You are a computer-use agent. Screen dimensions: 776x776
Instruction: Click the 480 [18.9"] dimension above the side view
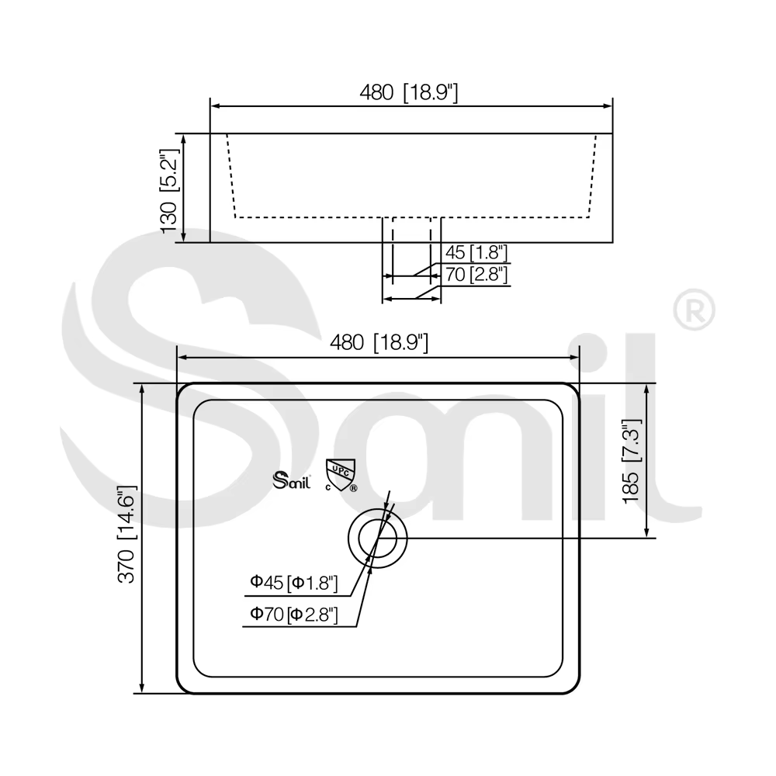pyautogui.click(x=409, y=92)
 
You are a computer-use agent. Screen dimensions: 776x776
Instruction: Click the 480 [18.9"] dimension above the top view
pyautogui.click(x=379, y=342)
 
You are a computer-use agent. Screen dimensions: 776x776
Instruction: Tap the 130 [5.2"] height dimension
pyautogui.click(x=169, y=191)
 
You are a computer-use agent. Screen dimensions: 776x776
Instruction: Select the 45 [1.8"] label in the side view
pyautogui.click(x=476, y=252)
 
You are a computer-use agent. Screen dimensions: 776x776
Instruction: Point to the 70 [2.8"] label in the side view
pyautogui.click(x=476, y=274)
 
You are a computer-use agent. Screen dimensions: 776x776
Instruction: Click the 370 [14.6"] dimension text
pyautogui.click(x=126, y=534)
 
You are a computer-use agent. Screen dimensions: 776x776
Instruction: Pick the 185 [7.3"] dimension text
pyautogui.click(x=632, y=461)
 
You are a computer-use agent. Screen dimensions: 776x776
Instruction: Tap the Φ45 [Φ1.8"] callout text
pyautogui.click(x=294, y=583)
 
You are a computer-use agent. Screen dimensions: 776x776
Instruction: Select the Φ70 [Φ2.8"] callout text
pyautogui.click(x=294, y=615)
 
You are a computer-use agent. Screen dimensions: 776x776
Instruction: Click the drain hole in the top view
pyautogui.click(x=378, y=538)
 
